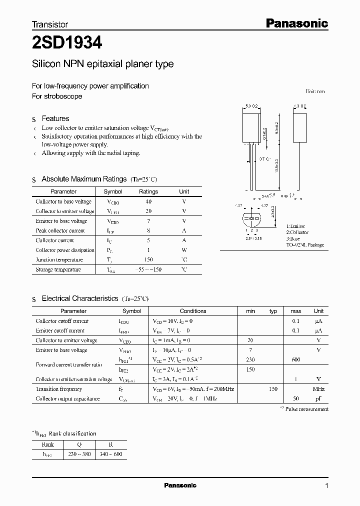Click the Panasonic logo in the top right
(x=296, y=23)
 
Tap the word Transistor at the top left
(x=50, y=24)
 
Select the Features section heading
(x=55, y=118)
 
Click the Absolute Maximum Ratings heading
(x=84, y=179)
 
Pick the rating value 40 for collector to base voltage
(x=148, y=201)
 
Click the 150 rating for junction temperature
(x=148, y=259)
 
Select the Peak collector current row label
(x=60, y=230)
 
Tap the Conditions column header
(x=193, y=311)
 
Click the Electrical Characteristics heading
(x=80, y=298)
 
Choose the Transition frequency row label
(x=59, y=389)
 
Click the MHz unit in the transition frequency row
(x=318, y=389)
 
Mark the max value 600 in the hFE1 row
(x=296, y=359)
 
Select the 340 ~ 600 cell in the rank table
(x=111, y=454)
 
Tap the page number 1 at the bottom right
(x=326, y=485)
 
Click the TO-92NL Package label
(x=305, y=245)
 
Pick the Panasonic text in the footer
(x=180, y=485)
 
